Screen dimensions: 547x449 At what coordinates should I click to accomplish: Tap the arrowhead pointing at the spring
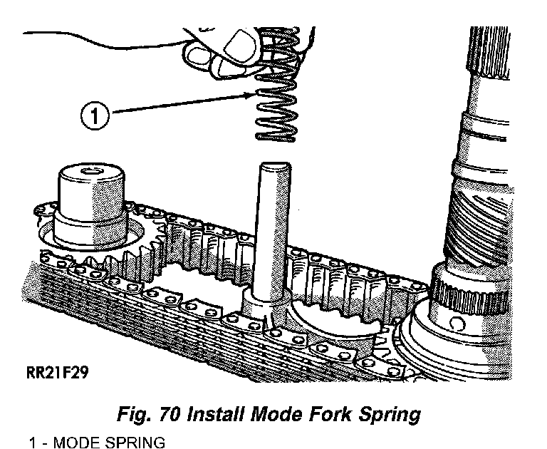251,93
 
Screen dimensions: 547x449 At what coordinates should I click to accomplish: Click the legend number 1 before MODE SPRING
33,442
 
